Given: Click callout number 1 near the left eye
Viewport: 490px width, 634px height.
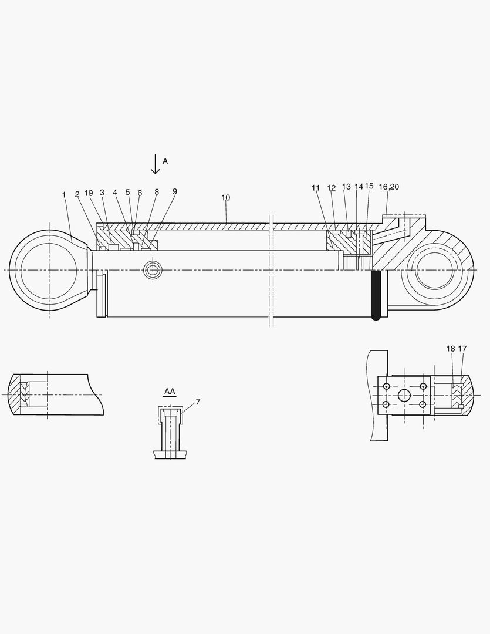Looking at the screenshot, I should [64, 194].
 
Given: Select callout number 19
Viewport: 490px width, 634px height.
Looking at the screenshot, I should [89, 193].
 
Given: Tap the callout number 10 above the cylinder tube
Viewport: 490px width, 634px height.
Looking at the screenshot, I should [226, 198].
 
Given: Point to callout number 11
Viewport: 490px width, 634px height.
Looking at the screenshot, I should [316, 188].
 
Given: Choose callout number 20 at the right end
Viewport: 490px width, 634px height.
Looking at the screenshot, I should [394, 187].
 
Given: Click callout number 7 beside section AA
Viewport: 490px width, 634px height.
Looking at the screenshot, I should [198, 402].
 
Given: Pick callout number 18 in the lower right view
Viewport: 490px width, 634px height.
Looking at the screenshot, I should [451, 349].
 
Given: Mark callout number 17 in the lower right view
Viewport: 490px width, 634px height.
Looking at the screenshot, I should [462, 349].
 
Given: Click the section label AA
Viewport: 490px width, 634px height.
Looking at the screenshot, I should [170, 391].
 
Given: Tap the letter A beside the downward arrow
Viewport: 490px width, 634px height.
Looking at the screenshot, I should [165, 161].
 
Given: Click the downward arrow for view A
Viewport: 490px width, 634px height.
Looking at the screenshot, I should [155, 164].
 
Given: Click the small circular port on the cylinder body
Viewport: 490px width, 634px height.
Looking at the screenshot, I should [154, 270].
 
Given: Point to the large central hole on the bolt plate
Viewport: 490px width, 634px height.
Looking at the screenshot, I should [404, 396].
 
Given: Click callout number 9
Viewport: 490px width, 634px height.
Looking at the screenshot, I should [175, 191].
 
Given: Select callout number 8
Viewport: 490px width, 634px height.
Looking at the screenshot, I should [157, 192].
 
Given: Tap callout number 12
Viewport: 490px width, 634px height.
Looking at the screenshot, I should [332, 188].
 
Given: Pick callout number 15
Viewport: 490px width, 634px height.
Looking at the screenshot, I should [369, 186].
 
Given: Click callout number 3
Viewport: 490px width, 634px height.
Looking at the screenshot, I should [102, 193].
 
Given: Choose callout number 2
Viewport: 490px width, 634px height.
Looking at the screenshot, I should [77, 194].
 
